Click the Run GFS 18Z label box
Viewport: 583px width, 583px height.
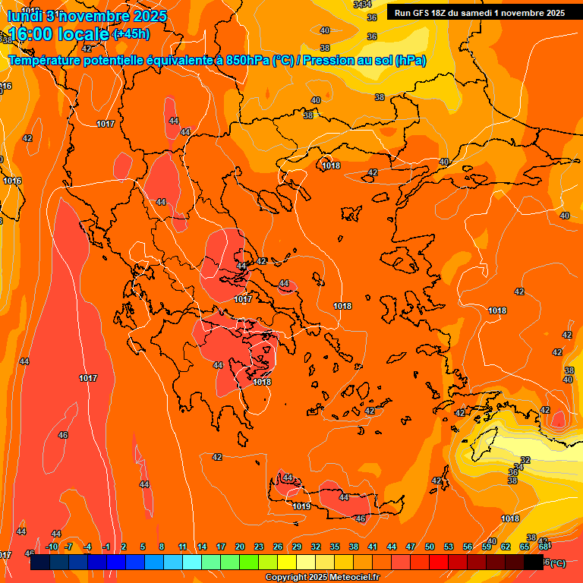(x=479, y=12)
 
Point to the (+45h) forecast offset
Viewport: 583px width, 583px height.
(x=131, y=33)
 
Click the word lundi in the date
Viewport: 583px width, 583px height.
(x=24, y=15)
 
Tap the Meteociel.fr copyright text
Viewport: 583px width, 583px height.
(x=322, y=578)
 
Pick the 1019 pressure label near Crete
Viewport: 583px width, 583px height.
(x=302, y=506)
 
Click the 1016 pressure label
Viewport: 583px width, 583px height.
(x=11, y=181)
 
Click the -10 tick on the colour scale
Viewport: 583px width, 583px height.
(x=52, y=547)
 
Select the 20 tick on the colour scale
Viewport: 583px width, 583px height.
(x=239, y=547)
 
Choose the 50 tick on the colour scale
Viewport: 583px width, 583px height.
(x=430, y=547)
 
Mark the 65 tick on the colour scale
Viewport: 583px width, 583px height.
(x=525, y=547)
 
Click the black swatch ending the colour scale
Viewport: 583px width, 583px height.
(x=534, y=563)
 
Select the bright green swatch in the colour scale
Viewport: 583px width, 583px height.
(x=249, y=563)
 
